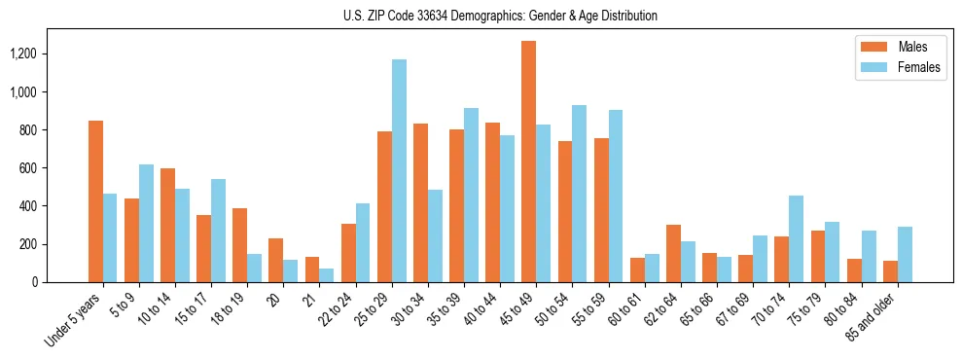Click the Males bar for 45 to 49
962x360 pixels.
pyautogui.click(x=528, y=162)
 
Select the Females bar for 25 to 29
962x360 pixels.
pyautogui.click(x=399, y=171)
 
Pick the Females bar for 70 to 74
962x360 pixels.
pyautogui.click(x=796, y=239)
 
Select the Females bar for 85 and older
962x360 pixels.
pyautogui.click(x=905, y=255)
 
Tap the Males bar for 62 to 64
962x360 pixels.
pyautogui.click(x=673, y=253)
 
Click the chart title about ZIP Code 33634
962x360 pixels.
pyautogui.click(x=500, y=16)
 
